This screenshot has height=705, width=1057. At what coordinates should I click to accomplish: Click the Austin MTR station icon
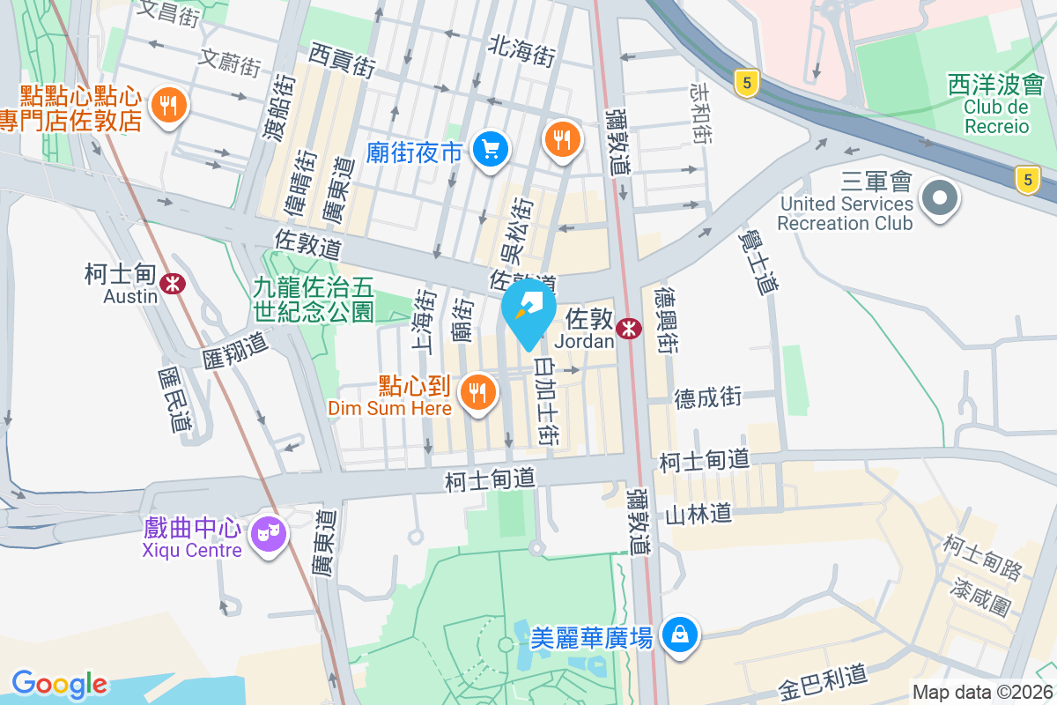coord(173,283)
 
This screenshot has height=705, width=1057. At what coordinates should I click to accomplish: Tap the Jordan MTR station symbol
coord(629,328)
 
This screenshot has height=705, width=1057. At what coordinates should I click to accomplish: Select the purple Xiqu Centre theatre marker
coord(268,533)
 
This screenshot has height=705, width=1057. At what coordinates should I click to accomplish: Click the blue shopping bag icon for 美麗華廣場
coord(680,634)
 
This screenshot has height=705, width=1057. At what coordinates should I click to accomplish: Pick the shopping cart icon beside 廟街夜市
coord(491,150)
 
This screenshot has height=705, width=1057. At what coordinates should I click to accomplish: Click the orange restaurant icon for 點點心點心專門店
coord(167,107)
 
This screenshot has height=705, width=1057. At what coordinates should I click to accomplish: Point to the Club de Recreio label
coord(995,116)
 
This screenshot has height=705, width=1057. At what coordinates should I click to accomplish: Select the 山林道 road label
coord(699,512)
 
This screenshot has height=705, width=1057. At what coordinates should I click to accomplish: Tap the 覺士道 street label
coord(761,260)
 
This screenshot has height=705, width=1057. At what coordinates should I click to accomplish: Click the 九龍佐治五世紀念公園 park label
coord(314,299)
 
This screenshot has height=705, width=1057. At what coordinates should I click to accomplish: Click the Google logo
coord(59,684)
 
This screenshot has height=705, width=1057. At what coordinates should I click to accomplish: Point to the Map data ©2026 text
coord(982,693)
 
